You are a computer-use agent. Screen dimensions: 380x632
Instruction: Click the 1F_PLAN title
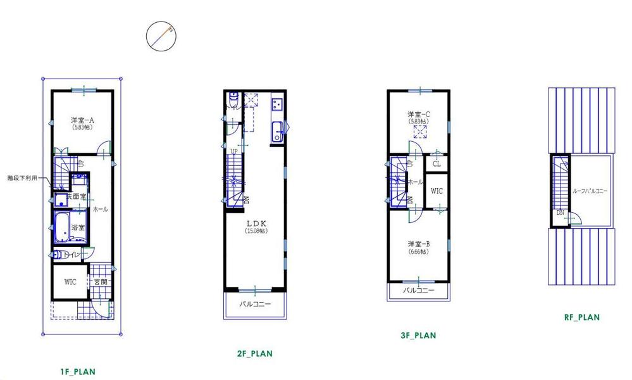pyautogui.click(x=75, y=372)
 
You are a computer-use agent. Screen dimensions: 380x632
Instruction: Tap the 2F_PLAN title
pyautogui.click(x=251, y=353)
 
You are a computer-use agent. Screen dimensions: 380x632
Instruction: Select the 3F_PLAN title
pyautogui.click(x=418, y=336)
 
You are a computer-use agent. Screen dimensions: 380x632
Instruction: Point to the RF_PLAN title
pyautogui.click(x=581, y=317)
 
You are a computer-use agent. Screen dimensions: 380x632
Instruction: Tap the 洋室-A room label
pyautogui.click(x=82, y=119)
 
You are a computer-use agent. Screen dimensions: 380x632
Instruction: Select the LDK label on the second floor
pyautogui.click(x=256, y=224)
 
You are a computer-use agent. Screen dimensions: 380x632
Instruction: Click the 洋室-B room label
pyautogui.click(x=419, y=244)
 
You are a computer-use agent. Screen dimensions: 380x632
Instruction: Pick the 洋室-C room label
pyautogui.click(x=419, y=114)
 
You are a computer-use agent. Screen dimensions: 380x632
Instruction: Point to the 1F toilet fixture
pyautogui.click(x=58, y=255)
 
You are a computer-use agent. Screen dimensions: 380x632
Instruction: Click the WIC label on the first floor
pyautogui.click(x=70, y=282)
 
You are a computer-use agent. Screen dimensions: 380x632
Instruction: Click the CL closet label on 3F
pyautogui.click(x=437, y=163)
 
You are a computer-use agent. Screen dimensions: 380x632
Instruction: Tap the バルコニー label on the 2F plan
pyautogui.click(x=255, y=305)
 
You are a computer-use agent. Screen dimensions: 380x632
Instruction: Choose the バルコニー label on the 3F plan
pyautogui.click(x=419, y=291)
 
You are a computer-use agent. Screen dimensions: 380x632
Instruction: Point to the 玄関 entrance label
pyautogui.click(x=100, y=282)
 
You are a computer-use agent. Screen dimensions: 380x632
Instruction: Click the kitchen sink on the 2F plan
pyautogui.click(x=276, y=133)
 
